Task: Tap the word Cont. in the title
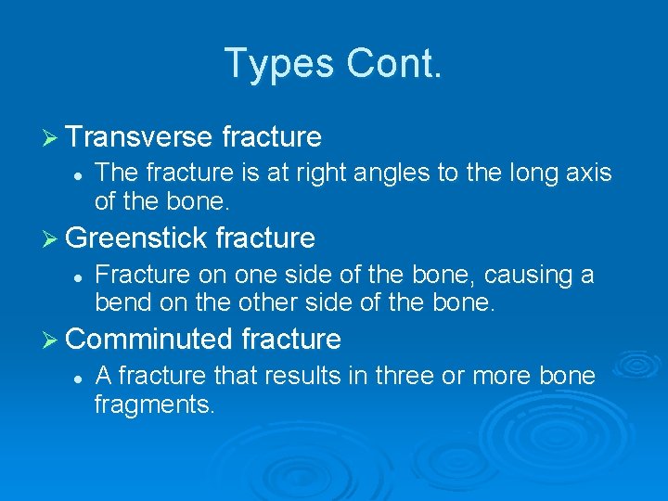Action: pos(394,63)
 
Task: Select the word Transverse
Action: pos(139,137)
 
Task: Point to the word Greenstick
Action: pos(136,238)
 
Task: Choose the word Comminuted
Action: pos(149,340)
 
